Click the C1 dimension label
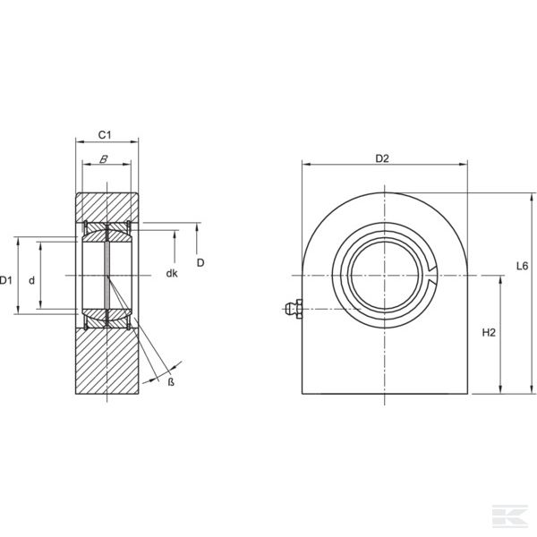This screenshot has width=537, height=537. coord(105,135)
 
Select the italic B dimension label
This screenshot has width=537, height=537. coord(104,159)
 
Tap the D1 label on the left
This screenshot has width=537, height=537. coord(5,280)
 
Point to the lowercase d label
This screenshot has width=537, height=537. coord(31,281)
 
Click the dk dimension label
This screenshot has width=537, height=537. coord(172,273)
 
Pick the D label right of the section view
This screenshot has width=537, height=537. coord(200,262)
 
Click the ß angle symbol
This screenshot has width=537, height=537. coord(171,382)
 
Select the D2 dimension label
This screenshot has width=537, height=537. coord(382,158)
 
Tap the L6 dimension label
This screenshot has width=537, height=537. coord(523,266)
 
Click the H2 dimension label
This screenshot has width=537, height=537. coord(489,333)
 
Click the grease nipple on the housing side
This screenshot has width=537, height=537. coord(294,309)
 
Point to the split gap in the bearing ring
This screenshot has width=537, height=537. coord(432,275)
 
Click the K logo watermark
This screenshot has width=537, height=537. coord(510,516)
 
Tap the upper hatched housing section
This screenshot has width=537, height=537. coord(107,208)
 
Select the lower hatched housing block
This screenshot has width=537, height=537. coord(107,362)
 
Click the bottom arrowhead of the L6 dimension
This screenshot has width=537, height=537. coord(532,389)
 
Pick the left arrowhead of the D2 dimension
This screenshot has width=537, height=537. coord(306,165)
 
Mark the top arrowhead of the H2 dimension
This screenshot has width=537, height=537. coord(500,280)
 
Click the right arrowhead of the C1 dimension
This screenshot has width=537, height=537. coord(134,141)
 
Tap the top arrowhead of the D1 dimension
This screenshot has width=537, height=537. coord(19,241)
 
